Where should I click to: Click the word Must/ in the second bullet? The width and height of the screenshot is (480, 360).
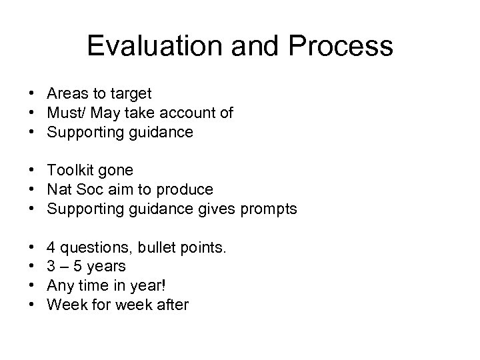click(x=65, y=113)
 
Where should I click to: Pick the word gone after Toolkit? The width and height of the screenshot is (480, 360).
click(x=114, y=171)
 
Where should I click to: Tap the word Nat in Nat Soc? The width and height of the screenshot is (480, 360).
click(x=57, y=190)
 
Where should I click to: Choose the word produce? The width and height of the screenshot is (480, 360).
click(x=189, y=191)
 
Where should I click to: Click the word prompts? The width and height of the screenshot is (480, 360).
click(x=269, y=209)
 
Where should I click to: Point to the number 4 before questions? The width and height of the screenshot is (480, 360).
click(x=50, y=248)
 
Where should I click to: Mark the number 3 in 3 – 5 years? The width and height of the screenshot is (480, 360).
click(x=50, y=267)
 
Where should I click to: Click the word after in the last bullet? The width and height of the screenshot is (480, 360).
click(x=172, y=305)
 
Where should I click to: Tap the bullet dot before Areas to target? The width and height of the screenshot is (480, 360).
click(x=32, y=94)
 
